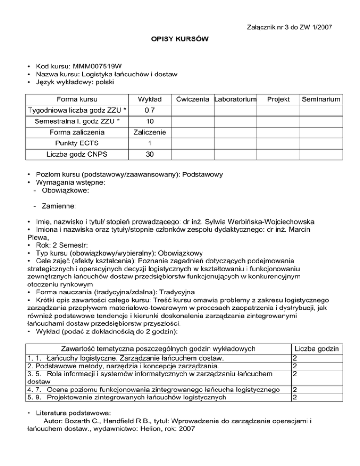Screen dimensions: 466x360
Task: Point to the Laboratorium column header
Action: [235, 99]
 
